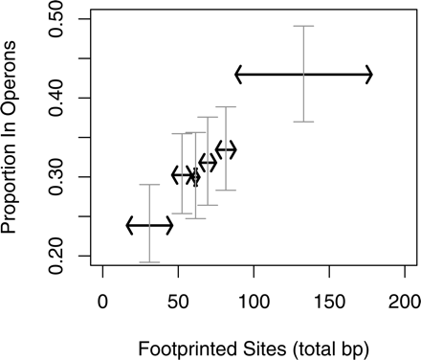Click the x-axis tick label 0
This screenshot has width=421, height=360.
(x=103, y=300)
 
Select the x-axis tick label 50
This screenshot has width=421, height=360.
(x=178, y=300)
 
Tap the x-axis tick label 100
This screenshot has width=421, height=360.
(x=254, y=300)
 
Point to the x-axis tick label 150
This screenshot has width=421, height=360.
(x=329, y=300)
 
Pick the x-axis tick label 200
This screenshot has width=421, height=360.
(x=404, y=300)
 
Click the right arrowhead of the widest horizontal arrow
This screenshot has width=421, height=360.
(x=369, y=74)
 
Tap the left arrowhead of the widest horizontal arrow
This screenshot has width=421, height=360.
(x=238, y=74)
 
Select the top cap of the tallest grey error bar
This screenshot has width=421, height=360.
(x=303, y=26)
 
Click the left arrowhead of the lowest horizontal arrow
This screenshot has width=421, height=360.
(x=129, y=226)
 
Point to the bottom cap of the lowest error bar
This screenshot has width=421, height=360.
(x=149, y=262)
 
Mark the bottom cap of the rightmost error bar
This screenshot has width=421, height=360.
(x=303, y=122)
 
